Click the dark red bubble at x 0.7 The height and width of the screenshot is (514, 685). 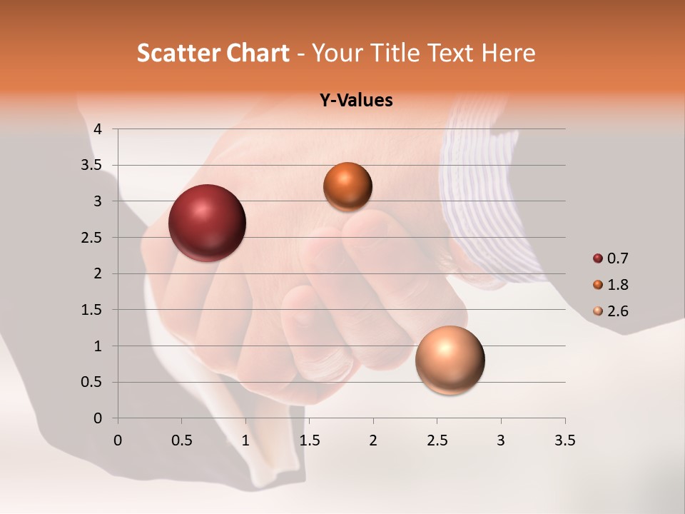[207, 223]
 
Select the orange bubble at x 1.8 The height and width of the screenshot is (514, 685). [347, 186]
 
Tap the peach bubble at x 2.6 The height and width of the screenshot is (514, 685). [450, 360]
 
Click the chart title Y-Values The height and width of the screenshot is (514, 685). [356, 101]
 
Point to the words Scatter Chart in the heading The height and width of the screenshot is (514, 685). [213, 53]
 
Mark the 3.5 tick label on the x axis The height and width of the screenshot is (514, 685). [564, 440]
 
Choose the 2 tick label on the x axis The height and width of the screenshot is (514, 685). [373, 440]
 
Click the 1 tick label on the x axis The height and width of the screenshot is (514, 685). [245, 440]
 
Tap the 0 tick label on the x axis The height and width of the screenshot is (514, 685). [118, 440]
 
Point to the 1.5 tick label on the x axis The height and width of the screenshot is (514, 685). [309, 440]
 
